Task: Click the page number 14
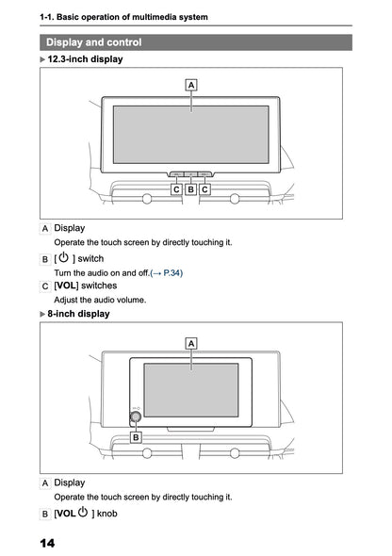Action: point(47,544)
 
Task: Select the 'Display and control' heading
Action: point(94,42)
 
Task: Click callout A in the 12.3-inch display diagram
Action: point(191,84)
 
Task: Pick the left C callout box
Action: point(176,189)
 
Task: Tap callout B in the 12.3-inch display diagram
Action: point(190,189)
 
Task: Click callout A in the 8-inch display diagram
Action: point(191,344)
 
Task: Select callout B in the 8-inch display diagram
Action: point(136,437)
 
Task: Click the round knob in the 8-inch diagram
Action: point(136,416)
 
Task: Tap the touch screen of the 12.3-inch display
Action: point(191,134)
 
